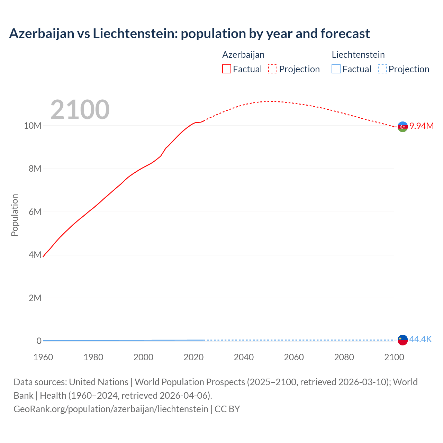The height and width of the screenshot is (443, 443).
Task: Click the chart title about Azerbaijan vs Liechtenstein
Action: point(189,34)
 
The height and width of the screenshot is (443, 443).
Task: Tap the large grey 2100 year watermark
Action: point(80,110)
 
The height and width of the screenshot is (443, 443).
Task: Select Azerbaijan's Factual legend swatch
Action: point(227,69)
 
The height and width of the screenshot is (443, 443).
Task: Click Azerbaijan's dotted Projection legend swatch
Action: point(273,69)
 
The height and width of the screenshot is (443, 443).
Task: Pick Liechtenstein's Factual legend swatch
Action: point(336,69)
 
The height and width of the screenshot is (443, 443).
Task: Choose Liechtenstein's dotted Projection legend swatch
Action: point(382,69)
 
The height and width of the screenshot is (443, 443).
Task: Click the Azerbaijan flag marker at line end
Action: point(403,127)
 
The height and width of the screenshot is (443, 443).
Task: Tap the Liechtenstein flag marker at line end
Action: point(403,340)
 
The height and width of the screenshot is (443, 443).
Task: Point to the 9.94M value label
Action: point(422,126)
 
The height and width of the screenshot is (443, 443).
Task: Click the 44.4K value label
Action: point(421,339)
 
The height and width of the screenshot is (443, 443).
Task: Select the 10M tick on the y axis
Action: point(33,126)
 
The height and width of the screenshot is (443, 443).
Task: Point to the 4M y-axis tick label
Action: point(35,255)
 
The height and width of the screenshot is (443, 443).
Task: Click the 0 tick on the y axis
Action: point(39,341)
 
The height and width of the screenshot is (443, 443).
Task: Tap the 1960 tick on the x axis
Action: point(43,357)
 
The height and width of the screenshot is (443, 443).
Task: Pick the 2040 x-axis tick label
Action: point(244,357)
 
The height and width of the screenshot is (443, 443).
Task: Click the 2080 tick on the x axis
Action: point(344,357)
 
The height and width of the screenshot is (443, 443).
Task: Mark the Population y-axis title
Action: point(15,215)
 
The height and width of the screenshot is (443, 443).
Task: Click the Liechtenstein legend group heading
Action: point(358,55)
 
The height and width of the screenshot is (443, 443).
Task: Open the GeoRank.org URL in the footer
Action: point(111,409)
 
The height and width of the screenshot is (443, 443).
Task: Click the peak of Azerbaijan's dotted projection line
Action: point(272,101)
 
